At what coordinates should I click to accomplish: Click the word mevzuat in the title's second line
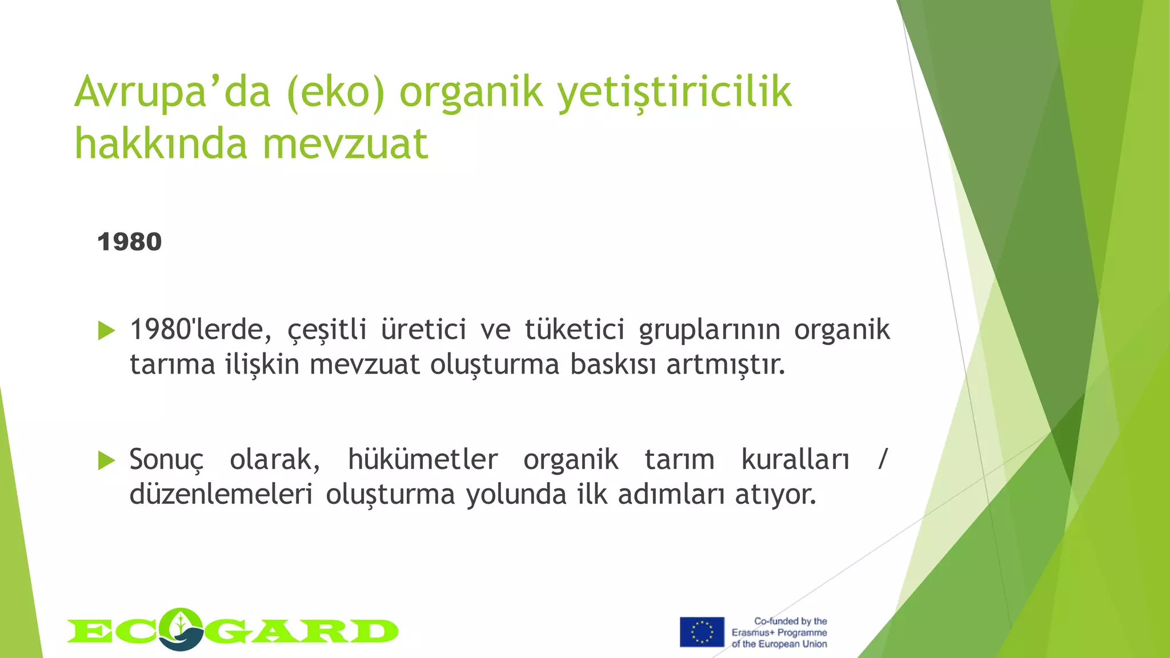(345, 144)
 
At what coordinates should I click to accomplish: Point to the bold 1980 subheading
(130, 242)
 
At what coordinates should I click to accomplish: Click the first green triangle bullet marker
(106, 331)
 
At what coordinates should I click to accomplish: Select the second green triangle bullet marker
(106, 460)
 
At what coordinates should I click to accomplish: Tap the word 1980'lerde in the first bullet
(200, 330)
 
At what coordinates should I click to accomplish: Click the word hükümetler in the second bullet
(423, 460)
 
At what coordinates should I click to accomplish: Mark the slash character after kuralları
(883, 459)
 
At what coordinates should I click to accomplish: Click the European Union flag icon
(702, 632)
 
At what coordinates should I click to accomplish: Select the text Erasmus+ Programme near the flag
(779, 633)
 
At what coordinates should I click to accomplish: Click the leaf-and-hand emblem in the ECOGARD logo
(181, 629)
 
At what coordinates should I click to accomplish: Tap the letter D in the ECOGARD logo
(375, 632)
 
